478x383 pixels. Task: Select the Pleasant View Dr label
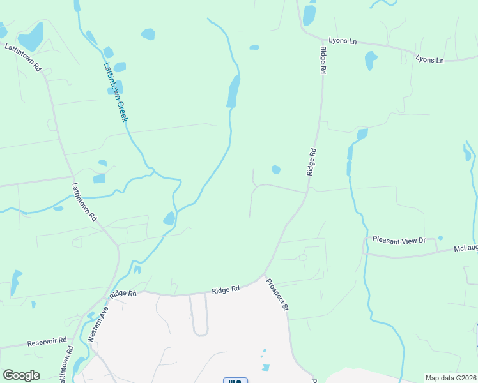click(x=399, y=240)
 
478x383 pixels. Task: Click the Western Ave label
click(x=98, y=324)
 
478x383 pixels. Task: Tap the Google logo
click(x=21, y=375)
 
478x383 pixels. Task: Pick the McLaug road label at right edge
click(x=466, y=249)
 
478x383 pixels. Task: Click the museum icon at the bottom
click(x=235, y=381)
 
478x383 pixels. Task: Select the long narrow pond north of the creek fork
click(x=233, y=91)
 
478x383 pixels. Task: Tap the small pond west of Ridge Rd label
click(x=276, y=169)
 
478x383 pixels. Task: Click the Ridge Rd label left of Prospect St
click(x=226, y=289)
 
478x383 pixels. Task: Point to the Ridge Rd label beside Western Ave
click(x=123, y=294)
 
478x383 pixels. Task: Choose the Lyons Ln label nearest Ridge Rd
click(x=343, y=41)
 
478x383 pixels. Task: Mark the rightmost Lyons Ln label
click(x=429, y=59)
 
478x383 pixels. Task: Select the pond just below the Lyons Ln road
click(x=370, y=61)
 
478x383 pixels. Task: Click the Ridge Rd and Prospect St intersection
click(x=264, y=276)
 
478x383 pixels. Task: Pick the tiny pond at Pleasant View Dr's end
click(x=440, y=238)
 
